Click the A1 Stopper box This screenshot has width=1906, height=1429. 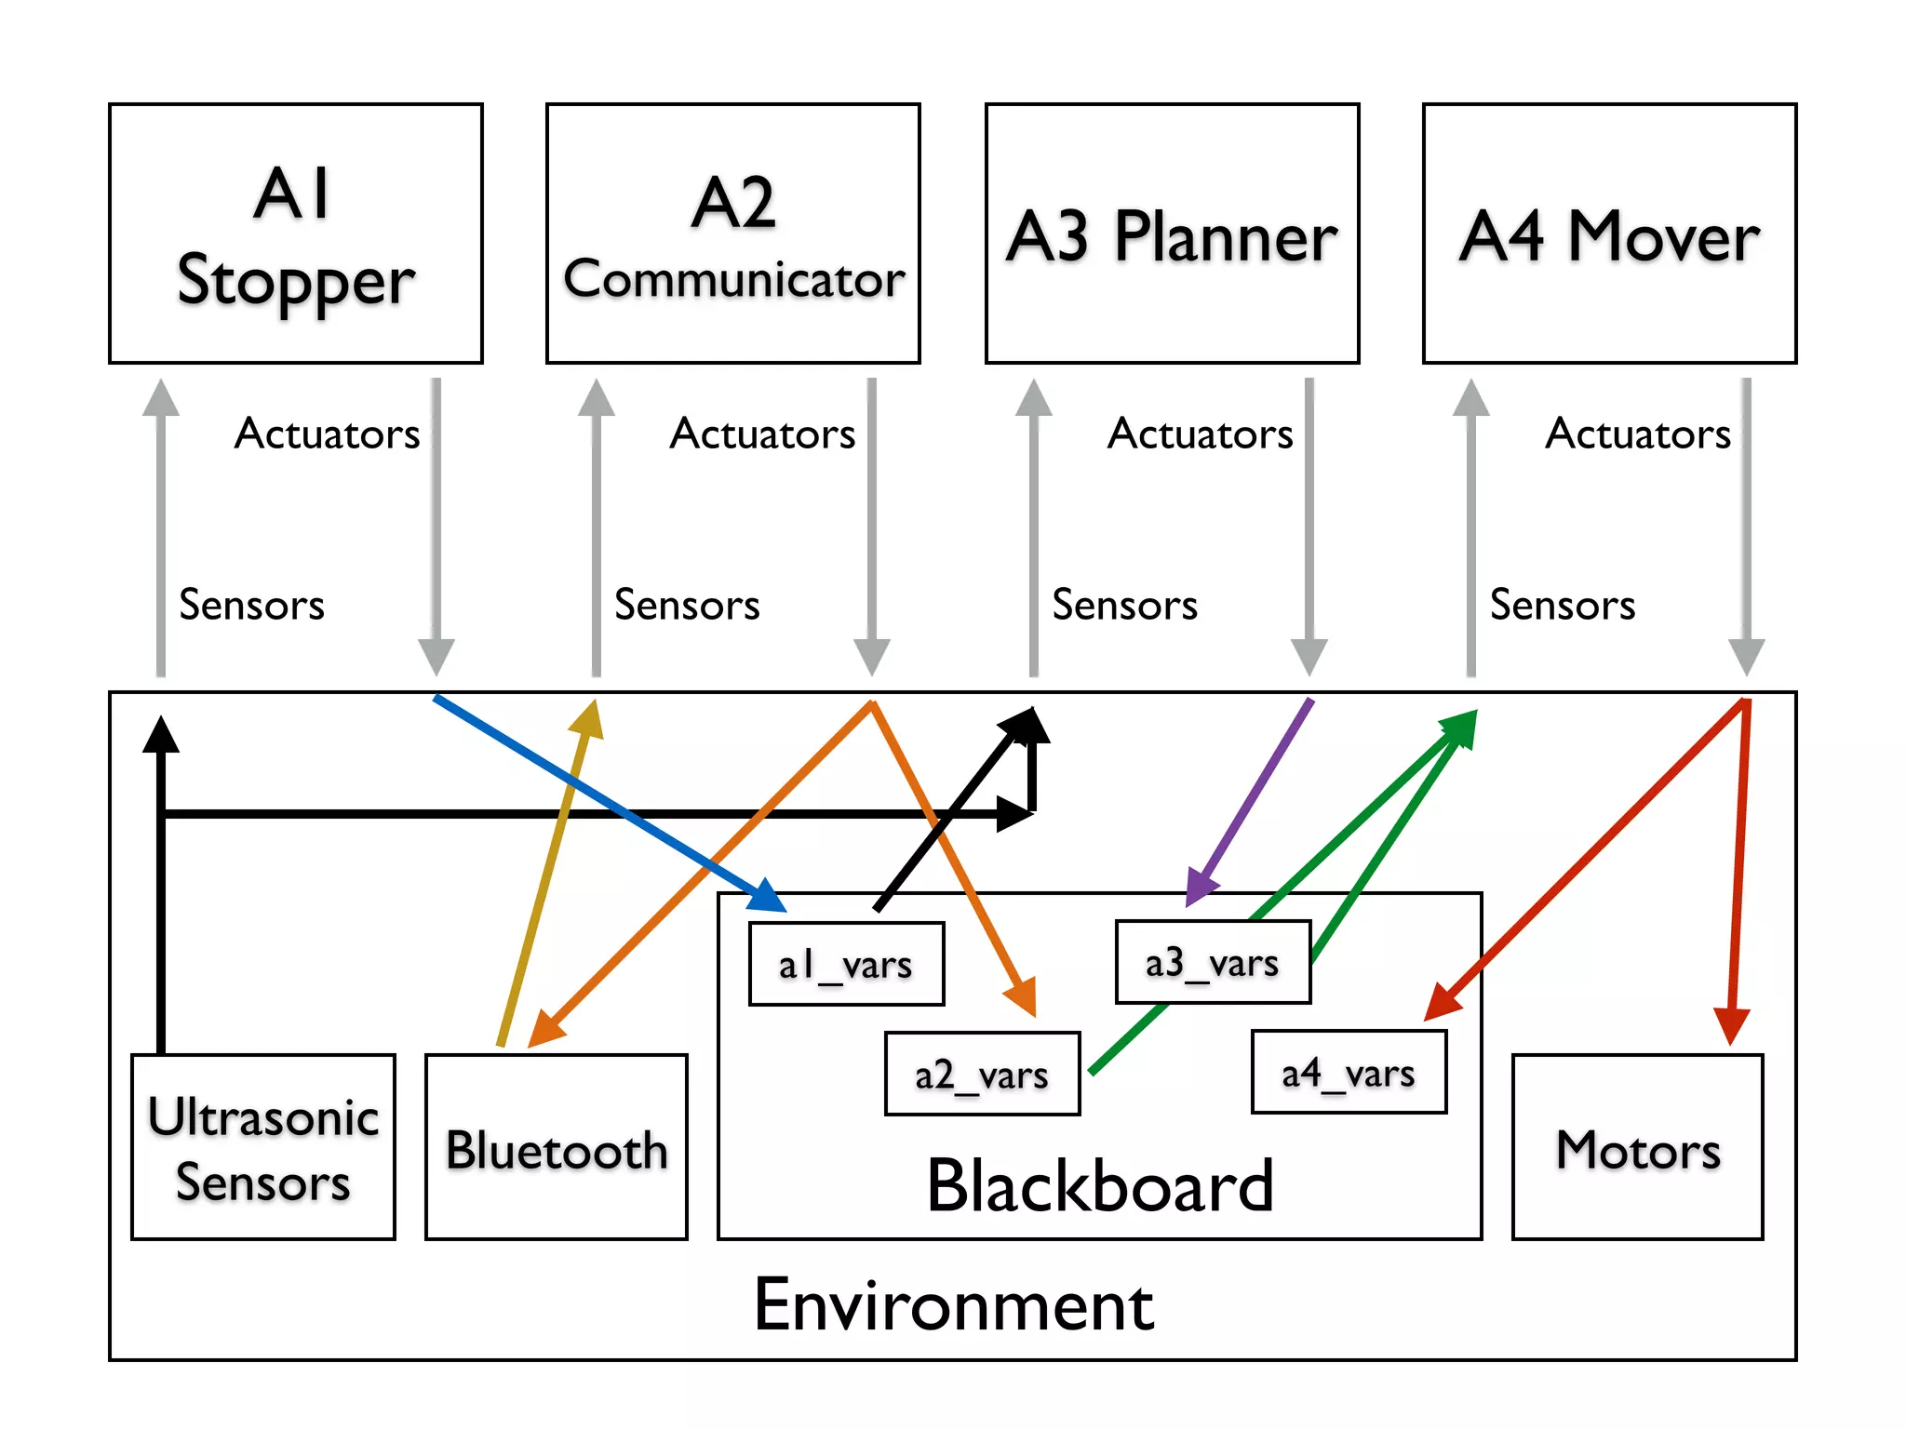296,234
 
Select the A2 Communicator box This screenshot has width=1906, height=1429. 733,234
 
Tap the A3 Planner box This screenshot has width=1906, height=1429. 1172,234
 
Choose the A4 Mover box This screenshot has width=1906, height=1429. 1609,234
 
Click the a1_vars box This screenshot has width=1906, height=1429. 846,965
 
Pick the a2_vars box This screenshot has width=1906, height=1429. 982,1075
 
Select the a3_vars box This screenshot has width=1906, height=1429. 1213,963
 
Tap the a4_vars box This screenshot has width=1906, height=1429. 1349,1073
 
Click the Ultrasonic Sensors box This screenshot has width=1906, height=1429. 263,1147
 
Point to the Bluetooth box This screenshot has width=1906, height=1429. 557,1147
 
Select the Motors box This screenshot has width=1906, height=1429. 1638,1147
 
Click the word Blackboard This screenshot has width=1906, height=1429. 1100,1186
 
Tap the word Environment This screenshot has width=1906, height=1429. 953,1305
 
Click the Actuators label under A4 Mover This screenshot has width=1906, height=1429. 1638,434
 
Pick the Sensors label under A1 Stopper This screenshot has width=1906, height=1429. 251,605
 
